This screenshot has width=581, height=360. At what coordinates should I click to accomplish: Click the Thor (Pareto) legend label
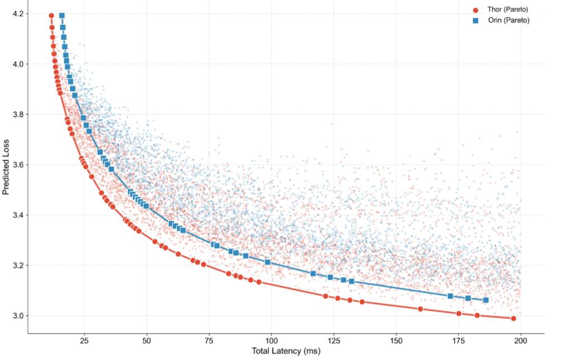[508, 10]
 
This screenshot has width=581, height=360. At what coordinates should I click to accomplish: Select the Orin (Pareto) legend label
[508, 20]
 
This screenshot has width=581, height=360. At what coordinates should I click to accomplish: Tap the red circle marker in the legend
[475, 10]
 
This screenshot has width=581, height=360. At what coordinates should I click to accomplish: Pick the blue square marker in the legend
[475, 21]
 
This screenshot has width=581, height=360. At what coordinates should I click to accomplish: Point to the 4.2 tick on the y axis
[17, 14]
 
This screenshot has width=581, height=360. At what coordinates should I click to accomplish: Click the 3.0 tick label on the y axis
[17, 316]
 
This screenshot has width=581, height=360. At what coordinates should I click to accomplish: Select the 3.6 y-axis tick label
[17, 165]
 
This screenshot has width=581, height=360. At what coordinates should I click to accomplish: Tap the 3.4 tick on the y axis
[17, 215]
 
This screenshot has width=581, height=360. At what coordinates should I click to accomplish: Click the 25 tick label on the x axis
[84, 341]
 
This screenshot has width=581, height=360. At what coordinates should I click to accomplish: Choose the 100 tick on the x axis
[272, 341]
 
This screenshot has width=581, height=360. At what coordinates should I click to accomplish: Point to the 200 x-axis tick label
[521, 341]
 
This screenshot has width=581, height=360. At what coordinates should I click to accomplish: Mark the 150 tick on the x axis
[396, 341]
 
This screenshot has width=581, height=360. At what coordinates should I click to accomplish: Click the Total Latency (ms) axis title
[285, 352]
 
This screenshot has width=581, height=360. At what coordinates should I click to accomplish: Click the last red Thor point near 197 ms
[513, 319]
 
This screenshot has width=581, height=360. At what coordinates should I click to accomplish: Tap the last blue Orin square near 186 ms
[485, 300]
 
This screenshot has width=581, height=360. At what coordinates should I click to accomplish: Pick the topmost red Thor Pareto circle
[51, 16]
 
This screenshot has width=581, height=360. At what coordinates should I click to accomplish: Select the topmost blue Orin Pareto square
[62, 16]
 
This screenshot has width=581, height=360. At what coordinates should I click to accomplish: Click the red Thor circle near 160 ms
[420, 309]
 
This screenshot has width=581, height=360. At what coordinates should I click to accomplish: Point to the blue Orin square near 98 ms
[268, 262]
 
